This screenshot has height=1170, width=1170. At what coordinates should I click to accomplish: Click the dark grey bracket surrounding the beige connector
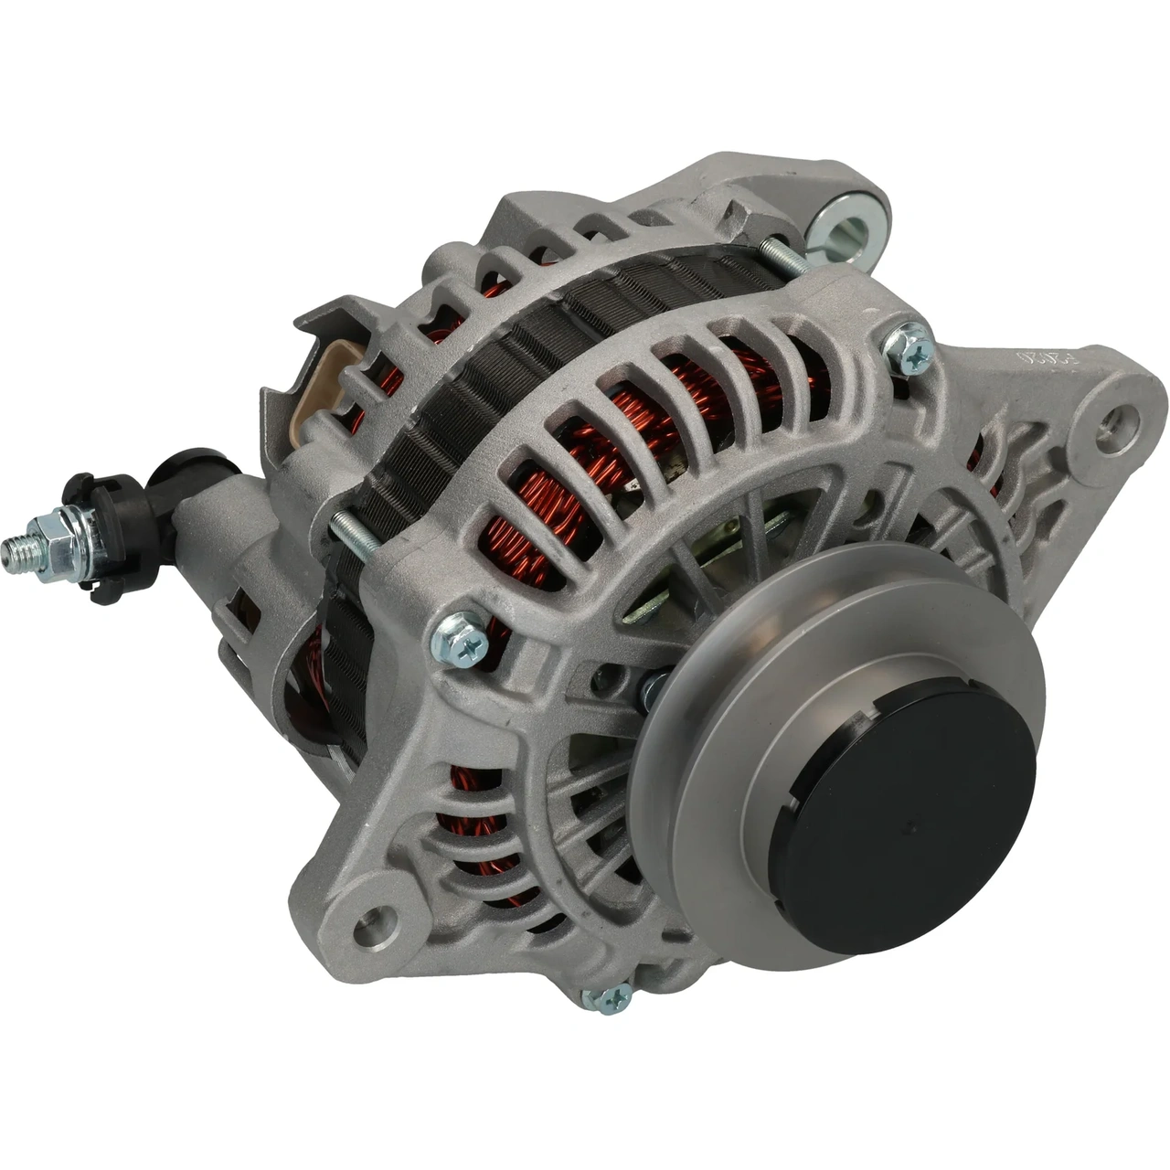point(292,366)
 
